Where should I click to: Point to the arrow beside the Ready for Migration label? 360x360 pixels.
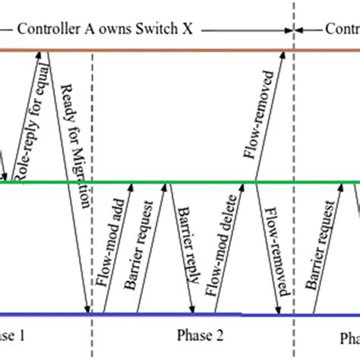tap(71, 182)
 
